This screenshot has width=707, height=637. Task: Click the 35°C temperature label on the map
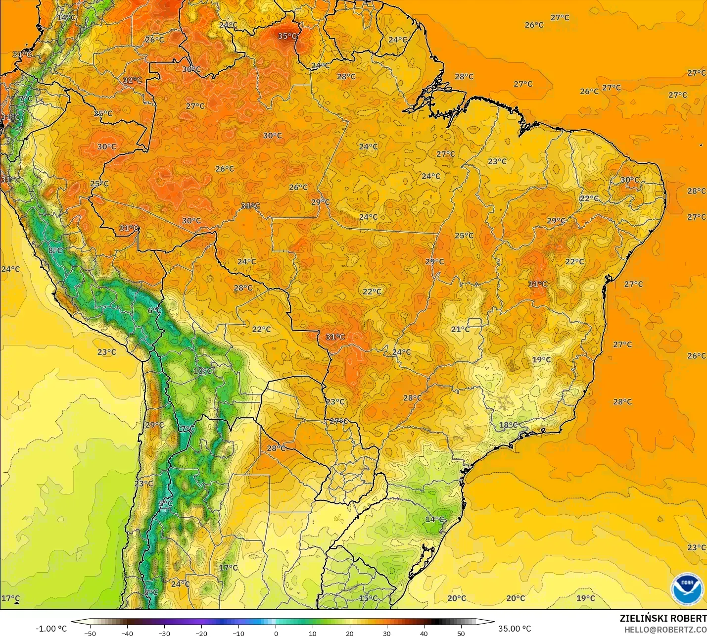click(287, 36)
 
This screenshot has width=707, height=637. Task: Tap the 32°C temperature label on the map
click(132, 80)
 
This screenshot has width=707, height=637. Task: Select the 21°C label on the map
click(460, 329)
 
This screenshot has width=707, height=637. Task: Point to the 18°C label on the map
click(508, 425)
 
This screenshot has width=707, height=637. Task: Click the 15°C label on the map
click(368, 598)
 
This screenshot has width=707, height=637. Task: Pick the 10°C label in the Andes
click(203, 371)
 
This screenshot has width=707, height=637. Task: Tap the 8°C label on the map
click(55, 250)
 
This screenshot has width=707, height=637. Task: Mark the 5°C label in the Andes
click(165, 503)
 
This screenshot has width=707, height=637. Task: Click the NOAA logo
click(687, 588)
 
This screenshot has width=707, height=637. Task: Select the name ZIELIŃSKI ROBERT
click(663, 619)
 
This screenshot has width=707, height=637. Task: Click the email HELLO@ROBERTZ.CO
click(665, 630)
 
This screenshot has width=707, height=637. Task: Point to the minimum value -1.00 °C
click(51, 629)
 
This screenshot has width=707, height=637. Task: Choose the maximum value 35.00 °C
click(515, 629)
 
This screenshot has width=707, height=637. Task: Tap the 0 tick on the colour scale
click(276, 633)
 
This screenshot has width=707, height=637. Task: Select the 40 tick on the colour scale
click(424, 633)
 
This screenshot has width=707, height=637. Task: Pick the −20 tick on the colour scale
click(201, 633)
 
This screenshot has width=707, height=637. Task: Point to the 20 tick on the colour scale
click(350, 633)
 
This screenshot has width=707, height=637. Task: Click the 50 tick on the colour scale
click(461, 633)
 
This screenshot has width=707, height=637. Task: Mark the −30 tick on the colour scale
click(164, 633)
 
